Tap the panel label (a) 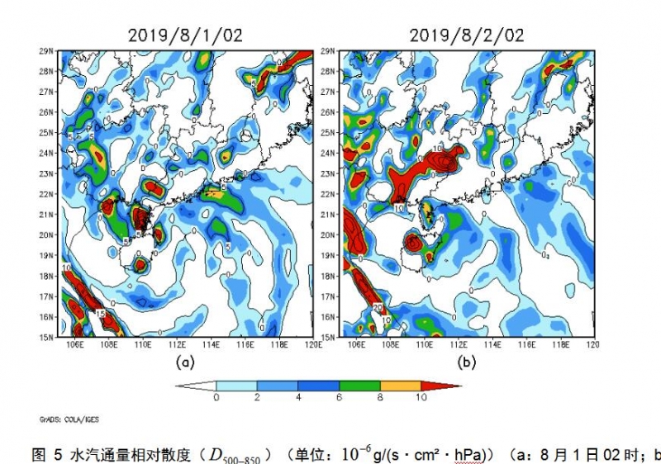point(183,362)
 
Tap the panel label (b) point(467,362)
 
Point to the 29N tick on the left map point(48,51)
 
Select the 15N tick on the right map point(330,338)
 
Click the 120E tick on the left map point(311,345)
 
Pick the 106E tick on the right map point(357,345)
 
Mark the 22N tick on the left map point(48,194)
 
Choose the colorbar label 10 point(421,398)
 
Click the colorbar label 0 point(216,398)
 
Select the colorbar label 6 point(339,398)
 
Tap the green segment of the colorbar point(359,386)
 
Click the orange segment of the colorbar point(400,386)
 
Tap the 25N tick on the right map point(330,133)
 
